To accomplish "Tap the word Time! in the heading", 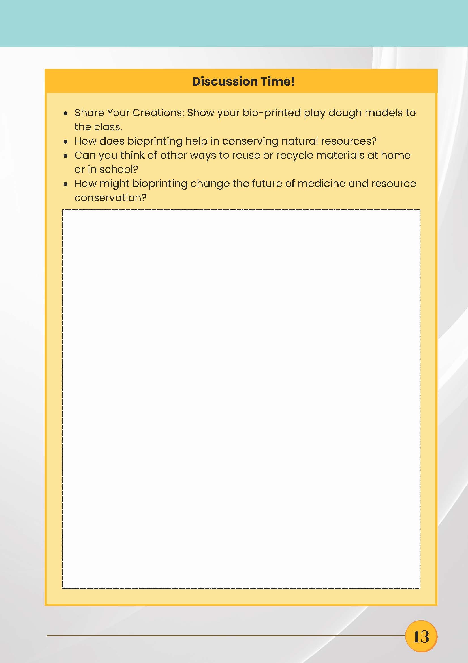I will click(277, 82).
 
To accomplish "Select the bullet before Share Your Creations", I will click(66, 114).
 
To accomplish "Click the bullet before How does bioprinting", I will click(66, 142).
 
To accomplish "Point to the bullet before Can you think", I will click(66, 156).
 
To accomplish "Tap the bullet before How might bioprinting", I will click(66, 184).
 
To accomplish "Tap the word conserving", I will click(250, 141).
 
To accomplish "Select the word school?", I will click(119, 169).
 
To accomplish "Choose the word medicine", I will click(321, 184).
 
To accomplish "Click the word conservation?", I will click(110, 198).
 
